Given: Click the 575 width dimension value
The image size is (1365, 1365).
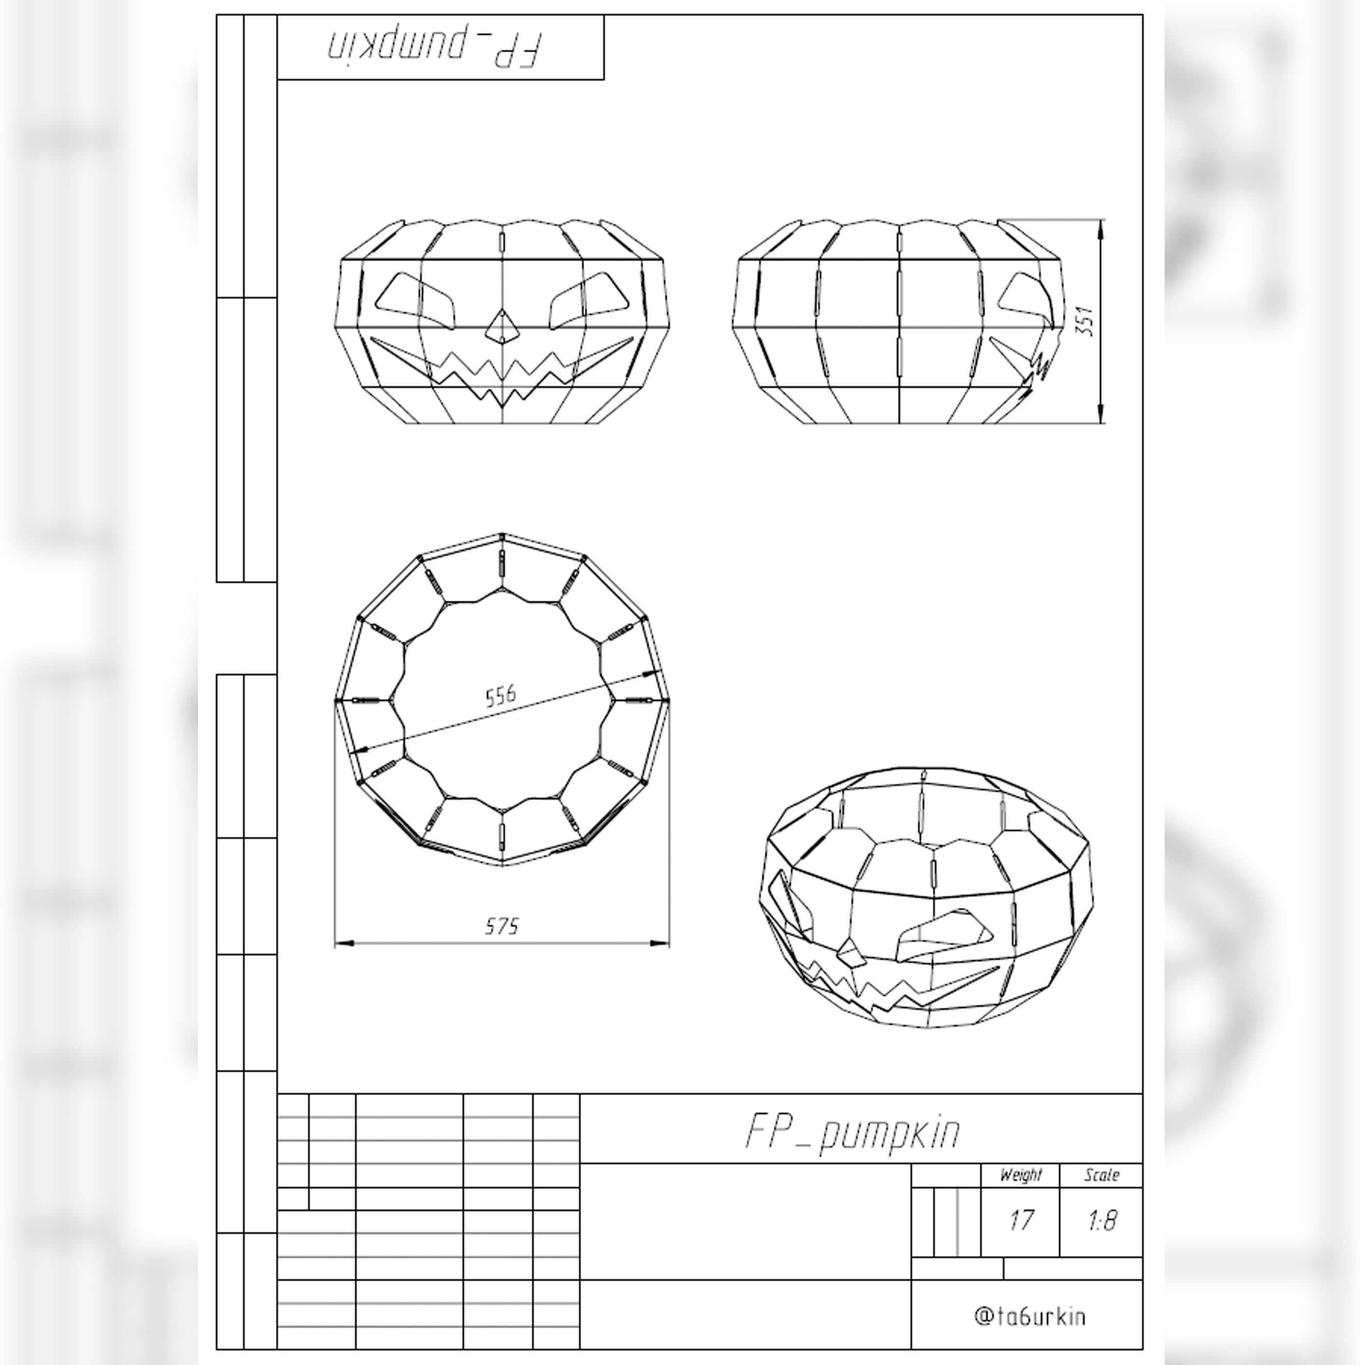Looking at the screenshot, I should coord(502,926).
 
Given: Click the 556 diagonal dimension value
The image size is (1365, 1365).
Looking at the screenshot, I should coord(501,696).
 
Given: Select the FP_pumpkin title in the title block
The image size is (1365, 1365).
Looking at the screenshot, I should coord(853,1132).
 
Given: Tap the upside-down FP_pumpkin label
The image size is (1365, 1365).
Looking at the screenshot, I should coord(435,47).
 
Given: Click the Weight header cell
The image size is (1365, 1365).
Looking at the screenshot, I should coord(1020,1175).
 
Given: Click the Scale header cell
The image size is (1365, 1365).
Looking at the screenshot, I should coord(1101,1175).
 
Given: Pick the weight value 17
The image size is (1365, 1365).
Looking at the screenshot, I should coord(1021,1221).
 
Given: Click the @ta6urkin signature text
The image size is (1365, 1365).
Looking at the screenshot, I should coord(1030,1317).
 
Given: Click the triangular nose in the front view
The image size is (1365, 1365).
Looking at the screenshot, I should coord(502,327).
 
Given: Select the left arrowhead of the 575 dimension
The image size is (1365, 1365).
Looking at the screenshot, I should coord(343,943).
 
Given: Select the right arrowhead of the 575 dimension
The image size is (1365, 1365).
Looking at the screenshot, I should coord(660,943).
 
